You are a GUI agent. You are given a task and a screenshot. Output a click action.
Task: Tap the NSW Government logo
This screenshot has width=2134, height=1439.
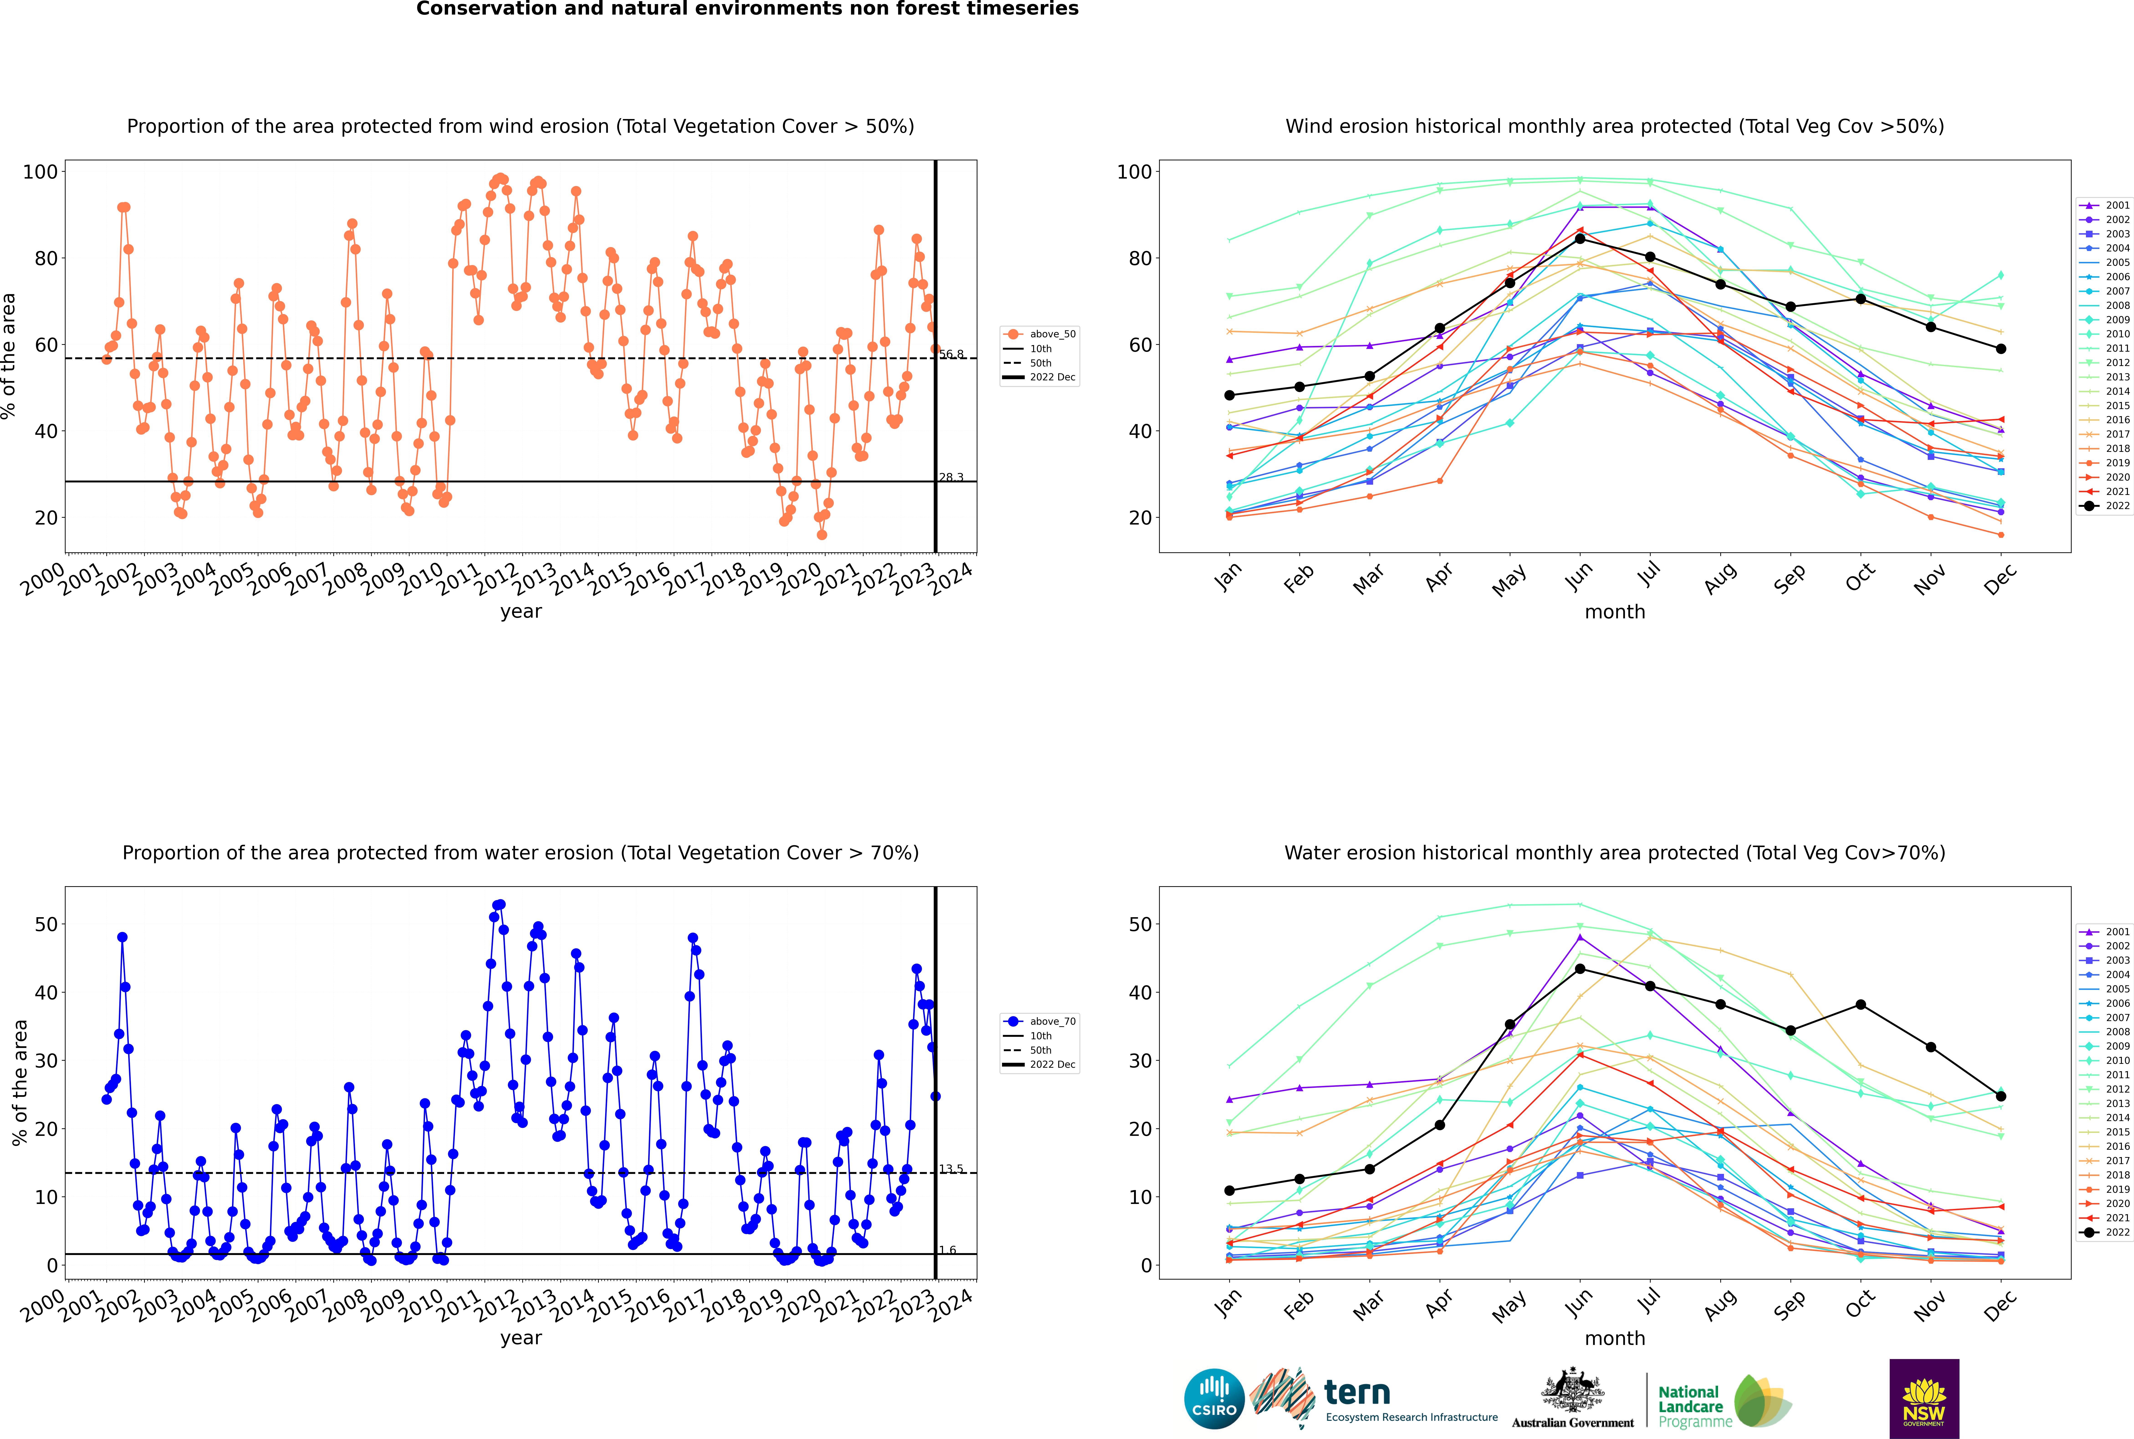[x=1924, y=1398]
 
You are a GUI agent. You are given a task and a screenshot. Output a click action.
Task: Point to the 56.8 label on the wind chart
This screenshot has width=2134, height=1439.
[x=951, y=354]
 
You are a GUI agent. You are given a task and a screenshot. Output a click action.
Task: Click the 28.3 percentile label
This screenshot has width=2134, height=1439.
[x=951, y=477]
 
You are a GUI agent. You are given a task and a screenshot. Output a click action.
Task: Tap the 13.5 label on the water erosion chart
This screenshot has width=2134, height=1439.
[x=951, y=1169]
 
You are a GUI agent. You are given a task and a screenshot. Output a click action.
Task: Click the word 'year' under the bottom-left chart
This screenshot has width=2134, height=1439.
[x=521, y=1338]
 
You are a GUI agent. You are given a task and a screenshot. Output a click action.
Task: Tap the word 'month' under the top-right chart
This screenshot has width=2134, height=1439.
[x=1615, y=612]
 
